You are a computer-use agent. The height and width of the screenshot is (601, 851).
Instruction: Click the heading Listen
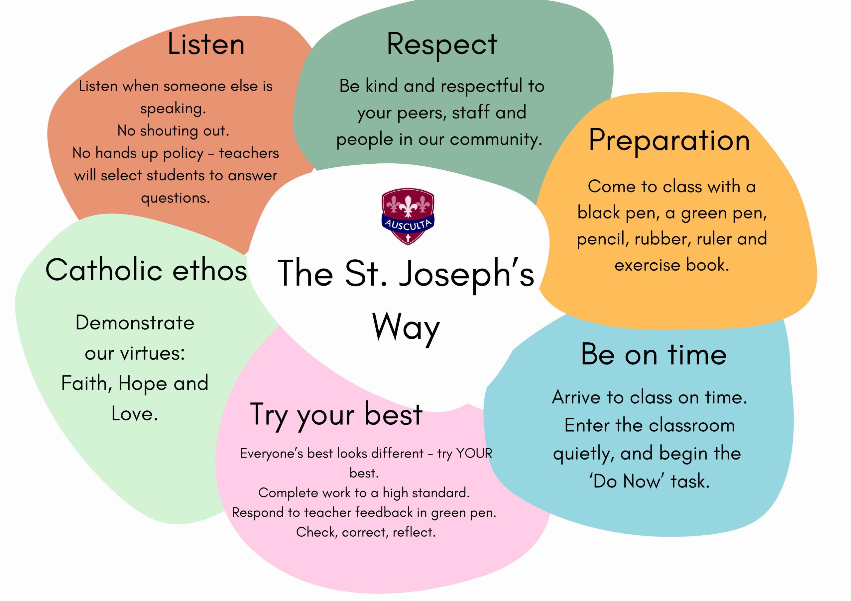pos(206,44)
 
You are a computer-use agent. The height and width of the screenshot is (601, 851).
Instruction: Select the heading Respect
pos(442,45)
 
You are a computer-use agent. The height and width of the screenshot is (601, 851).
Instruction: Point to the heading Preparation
pos(669,141)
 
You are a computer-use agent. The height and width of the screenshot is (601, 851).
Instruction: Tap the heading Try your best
pos(336,415)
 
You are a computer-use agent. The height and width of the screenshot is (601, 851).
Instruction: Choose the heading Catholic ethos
pos(146,270)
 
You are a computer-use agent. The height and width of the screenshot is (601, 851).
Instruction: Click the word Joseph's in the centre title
pos(466,275)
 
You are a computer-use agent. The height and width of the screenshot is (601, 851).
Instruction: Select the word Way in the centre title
pos(406,328)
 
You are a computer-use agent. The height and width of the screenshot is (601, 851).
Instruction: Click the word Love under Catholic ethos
pos(135,414)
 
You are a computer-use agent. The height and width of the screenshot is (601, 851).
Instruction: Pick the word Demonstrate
pos(135,322)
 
